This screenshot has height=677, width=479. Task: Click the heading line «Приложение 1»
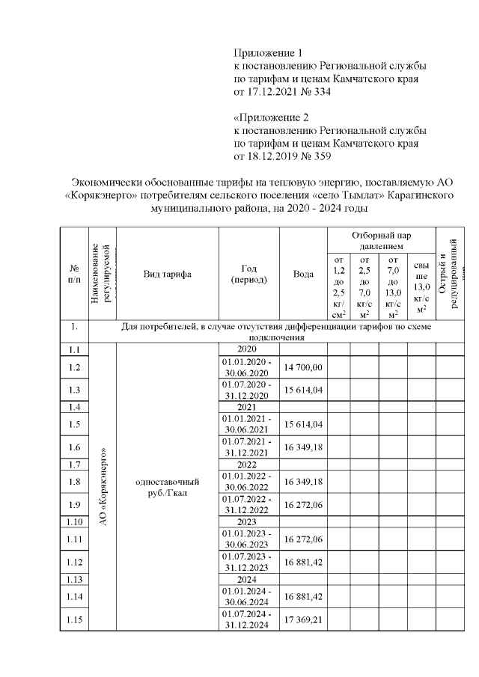(269, 53)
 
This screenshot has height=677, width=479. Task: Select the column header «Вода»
(303, 274)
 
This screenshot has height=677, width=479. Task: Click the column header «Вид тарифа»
(167, 274)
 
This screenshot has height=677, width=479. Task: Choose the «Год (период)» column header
(248, 274)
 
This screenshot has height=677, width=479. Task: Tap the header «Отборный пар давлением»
(380, 240)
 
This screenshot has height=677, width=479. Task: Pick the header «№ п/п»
(74, 274)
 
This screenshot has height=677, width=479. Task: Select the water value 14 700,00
(303, 367)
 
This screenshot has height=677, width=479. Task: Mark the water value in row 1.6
(303, 447)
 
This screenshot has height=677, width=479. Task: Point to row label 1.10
(74, 521)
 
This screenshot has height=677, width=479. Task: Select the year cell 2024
(248, 579)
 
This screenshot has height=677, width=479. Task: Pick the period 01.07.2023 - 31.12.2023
(248, 562)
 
